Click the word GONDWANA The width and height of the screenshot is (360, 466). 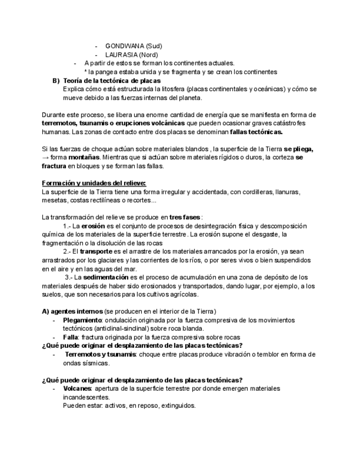[125, 46]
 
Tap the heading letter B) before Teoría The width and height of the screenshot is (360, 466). [56, 81]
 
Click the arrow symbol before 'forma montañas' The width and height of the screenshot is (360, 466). [45, 158]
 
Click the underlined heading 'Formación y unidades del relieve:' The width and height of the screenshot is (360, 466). [94, 183]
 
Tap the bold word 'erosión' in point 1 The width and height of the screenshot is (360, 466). [93, 226]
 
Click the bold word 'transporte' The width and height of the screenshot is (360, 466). [98, 252]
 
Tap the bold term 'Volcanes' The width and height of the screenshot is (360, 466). [77, 389]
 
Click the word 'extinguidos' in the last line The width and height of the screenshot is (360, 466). [178, 406]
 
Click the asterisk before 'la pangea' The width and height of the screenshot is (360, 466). [86, 72]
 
